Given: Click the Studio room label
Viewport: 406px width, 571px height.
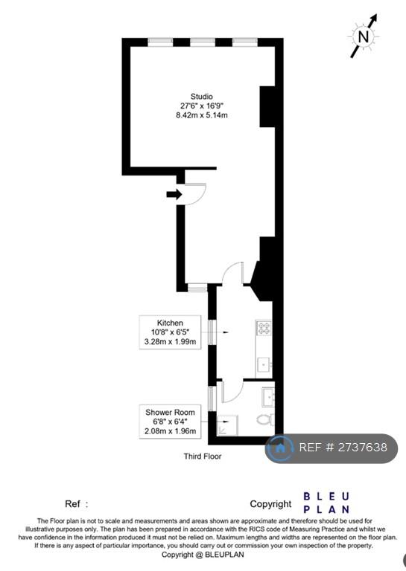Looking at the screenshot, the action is (201, 97).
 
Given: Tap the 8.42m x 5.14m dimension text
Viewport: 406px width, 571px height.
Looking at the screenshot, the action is (201, 115).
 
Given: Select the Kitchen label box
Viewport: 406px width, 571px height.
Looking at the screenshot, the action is (170, 332).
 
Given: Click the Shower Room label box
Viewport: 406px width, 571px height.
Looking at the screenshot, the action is (170, 422).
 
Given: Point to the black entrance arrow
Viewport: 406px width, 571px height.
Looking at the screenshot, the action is (174, 195).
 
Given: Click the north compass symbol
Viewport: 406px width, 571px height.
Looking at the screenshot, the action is (364, 36).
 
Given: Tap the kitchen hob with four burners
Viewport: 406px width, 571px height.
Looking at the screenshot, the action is (264, 327).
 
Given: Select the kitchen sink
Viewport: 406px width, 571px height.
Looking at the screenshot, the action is (264, 364).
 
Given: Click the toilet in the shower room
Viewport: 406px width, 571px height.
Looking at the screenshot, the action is (266, 419).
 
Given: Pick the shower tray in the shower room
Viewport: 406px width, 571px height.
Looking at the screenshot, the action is (227, 425).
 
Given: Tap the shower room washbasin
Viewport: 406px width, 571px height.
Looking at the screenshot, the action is (268, 397).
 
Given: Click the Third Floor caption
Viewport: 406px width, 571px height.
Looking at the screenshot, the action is (203, 456).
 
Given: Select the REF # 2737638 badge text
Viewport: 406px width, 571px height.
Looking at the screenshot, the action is (343, 447).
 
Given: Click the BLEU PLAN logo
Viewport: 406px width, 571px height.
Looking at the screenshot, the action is (326, 503).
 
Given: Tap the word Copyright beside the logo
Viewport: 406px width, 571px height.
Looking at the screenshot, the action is (270, 504).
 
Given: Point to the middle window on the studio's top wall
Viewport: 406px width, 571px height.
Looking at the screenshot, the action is (203, 42).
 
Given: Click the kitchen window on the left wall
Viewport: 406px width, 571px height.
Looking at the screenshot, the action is (212, 332).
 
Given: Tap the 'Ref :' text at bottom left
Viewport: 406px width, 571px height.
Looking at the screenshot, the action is (76, 504).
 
